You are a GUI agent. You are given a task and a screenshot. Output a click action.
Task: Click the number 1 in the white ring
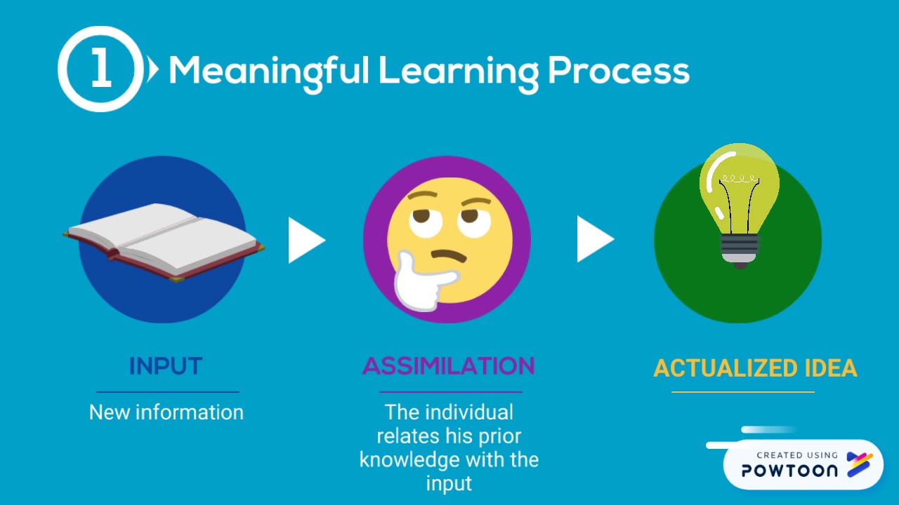(101, 70)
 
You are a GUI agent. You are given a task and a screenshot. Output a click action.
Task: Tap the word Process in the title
(618, 72)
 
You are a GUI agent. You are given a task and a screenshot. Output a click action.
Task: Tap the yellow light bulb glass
(739, 187)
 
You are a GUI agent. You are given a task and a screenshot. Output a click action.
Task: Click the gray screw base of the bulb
(740, 249)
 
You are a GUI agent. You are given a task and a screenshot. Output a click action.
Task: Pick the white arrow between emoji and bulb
(593, 239)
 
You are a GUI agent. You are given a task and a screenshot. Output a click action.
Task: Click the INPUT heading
(166, 366)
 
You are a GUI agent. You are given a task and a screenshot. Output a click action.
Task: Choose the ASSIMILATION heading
(449, 366)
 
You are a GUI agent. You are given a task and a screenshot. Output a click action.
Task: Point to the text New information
(166, 412)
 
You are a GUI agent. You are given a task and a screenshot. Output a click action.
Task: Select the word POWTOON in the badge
(789, 471)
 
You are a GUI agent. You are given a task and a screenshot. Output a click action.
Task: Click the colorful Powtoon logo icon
(859, 464)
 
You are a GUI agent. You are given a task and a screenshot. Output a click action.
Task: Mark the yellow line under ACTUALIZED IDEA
(743, 392)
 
